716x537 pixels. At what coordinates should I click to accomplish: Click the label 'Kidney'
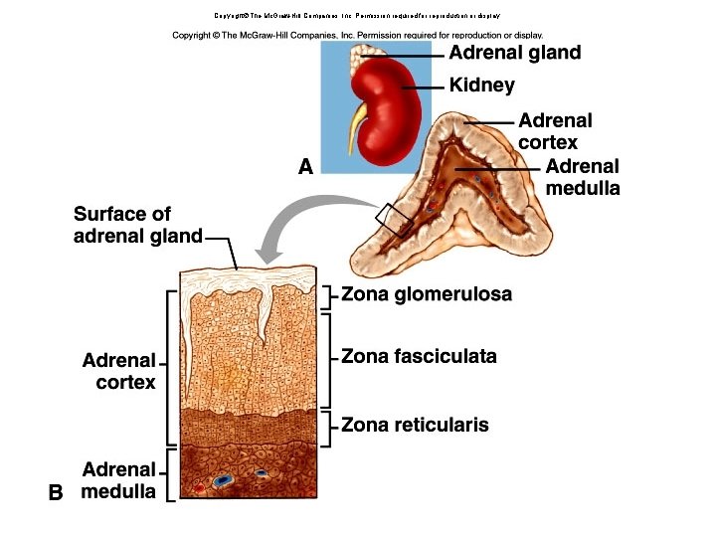pyautogui.click(x=481, y=86)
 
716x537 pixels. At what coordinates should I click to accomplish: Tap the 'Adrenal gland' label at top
pyautogui.click(x=514, y=53)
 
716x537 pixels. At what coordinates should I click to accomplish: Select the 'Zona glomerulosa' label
pyautogui.click(x=427, y=294)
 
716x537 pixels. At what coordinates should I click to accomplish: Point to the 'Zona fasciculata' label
pyautogui.click(x=419, y=356)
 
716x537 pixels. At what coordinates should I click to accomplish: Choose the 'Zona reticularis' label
pyautogui.click(x=415, y=425)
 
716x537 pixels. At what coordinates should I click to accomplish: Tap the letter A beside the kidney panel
pyautogui.click(x=305, y=167)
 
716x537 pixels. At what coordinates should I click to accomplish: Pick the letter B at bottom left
pyautogui.click(x=56, y=492)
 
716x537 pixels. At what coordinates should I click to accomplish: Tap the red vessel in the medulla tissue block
pyautogui.click(x=200, y=488)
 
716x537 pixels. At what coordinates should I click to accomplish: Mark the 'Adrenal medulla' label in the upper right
pyautogui.click(x=582, y=177)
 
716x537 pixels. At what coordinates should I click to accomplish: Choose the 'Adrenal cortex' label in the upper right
pyautogui.click(x=555, y=131)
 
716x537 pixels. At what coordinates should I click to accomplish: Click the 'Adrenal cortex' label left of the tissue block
pyautogui.click(x=119, y=370)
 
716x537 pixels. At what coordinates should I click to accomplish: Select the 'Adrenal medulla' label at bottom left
pyautogui.click(x=119, y=480)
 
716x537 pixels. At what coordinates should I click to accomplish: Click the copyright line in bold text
pyautogui.click(x=358, y=35)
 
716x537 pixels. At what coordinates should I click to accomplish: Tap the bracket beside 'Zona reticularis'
pyautogui.click(x=329, y=425)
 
